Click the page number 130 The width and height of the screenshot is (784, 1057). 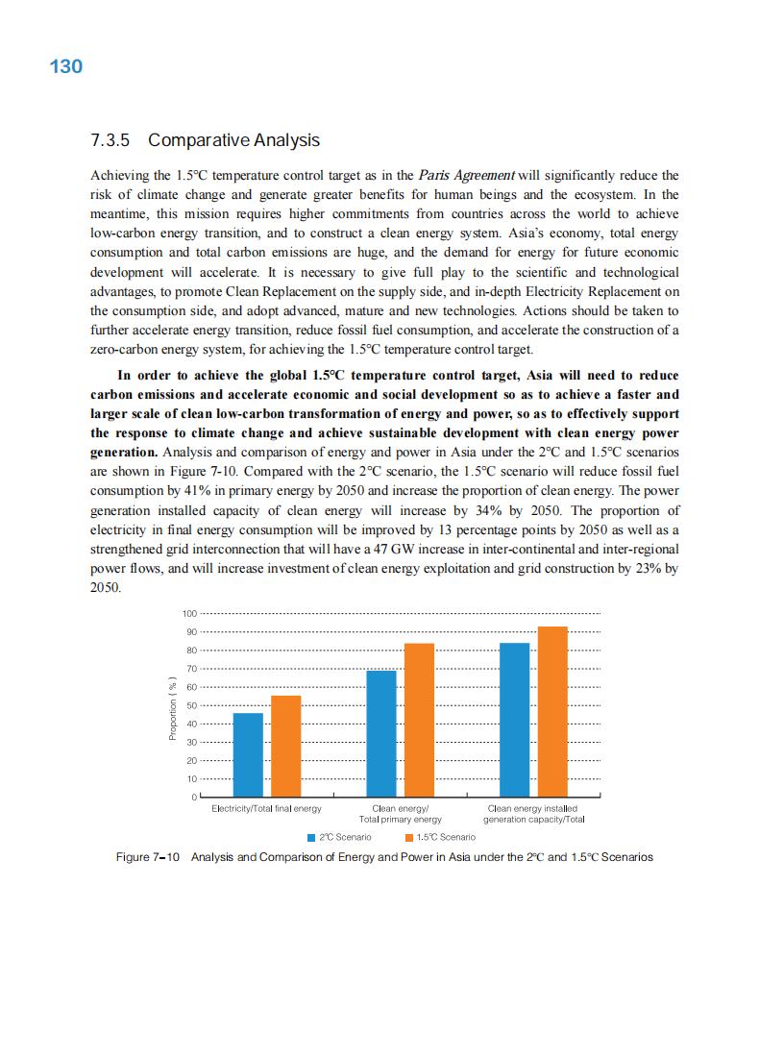click(65, 66)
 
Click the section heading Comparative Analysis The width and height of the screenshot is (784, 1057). click(234, 140)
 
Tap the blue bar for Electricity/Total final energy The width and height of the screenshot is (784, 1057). click(248, 754)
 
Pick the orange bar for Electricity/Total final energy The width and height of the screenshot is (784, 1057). click(286, 746)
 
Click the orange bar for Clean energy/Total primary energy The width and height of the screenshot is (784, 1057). click(420, 720)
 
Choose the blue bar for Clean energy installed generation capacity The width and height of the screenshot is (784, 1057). click(515, 720)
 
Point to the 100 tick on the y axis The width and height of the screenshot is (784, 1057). click(188, 613)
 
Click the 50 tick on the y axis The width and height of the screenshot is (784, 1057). click(190, 705)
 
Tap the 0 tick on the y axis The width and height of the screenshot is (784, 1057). click(193, 798)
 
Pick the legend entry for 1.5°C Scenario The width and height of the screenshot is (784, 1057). click(440, 837)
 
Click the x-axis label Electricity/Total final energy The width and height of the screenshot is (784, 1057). click(266, 809)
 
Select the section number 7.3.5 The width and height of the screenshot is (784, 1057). click(110, 140)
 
